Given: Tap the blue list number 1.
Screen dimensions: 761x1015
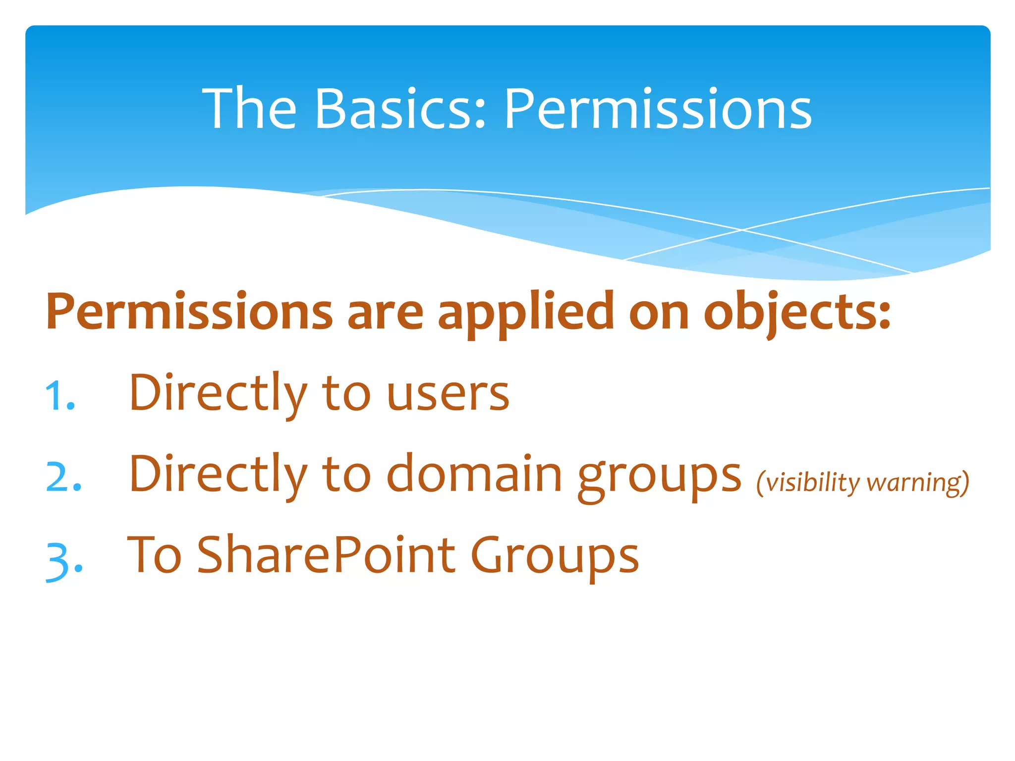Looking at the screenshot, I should (59, 397).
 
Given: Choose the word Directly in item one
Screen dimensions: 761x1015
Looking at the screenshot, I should (219, 394).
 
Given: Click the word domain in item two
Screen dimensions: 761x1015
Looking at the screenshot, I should (474, 475).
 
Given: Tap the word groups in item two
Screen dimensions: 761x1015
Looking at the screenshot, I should (659, 477).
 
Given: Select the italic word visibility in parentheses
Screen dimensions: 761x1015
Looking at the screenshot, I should (813, 483).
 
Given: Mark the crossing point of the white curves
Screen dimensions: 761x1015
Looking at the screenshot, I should (741, 230).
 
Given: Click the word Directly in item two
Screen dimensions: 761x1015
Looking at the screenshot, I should (219, 475).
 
